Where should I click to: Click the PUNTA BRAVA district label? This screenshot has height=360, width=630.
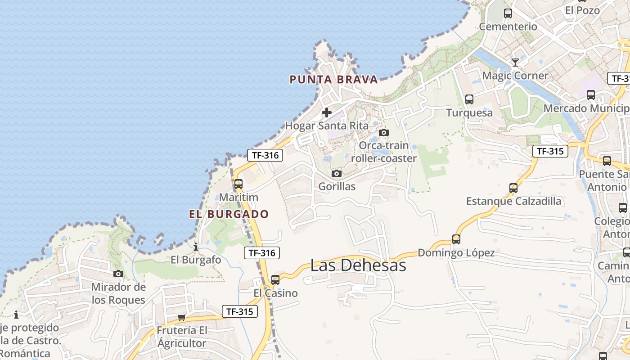(333, 80)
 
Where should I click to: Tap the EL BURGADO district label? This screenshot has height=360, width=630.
(229, 214)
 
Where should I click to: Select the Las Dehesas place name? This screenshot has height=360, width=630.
(358, 265)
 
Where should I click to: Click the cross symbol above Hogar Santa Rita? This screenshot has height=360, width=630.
(327, 112)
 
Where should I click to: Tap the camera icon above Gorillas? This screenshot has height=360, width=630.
(336, 174)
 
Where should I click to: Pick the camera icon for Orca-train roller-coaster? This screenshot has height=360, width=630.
(384, 132)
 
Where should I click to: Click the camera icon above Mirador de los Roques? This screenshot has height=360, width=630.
(118, 274)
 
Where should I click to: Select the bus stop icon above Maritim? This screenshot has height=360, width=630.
(238, 184)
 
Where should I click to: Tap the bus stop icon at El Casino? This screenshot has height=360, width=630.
(275, 280)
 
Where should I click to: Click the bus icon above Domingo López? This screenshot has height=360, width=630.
(456, 239)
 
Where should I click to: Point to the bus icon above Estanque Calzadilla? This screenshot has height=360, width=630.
(513, 188)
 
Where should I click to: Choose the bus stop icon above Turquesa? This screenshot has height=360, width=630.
(469, 99)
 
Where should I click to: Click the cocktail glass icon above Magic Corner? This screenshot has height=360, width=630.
(515, 62)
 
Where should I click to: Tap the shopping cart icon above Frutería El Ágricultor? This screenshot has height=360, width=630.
(182, 317)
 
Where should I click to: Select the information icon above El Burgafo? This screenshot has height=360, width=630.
(196, 247)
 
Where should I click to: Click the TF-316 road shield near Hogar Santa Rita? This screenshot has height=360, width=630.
(265, 156)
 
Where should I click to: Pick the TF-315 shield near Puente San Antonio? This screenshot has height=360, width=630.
(550, 151)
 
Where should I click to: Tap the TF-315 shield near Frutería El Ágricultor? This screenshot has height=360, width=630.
(240, 311)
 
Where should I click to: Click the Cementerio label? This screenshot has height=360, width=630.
(508, 27)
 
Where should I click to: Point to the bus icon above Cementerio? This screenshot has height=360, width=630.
(508, 13)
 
